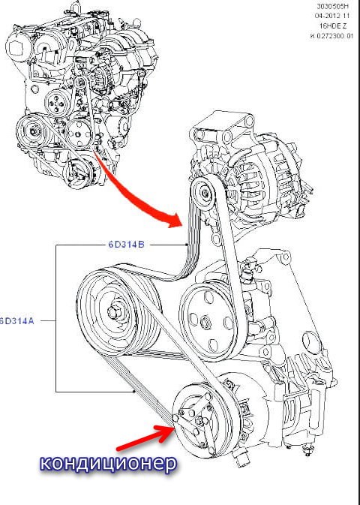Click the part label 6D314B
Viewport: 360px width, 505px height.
coord(126,245)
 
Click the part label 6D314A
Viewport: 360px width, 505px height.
coord(16,321)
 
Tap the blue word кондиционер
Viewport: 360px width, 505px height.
coord(109,463)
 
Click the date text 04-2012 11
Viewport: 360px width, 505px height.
coord(334,16)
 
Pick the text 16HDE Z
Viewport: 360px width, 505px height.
coord(338,26)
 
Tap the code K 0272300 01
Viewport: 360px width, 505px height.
coord(331,36)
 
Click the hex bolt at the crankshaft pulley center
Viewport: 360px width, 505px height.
coord(113,312)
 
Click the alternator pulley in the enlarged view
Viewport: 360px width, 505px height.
coord(203,194)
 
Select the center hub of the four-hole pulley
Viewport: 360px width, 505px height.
coord(205,323)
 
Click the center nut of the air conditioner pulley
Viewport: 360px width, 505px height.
coord(200,421)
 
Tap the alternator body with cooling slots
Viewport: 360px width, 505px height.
coord(257,184)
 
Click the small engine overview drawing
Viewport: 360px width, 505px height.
coord(82,93)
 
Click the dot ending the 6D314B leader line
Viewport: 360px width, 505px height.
coord(187,245)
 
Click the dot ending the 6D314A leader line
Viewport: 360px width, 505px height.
coord(134,392)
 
